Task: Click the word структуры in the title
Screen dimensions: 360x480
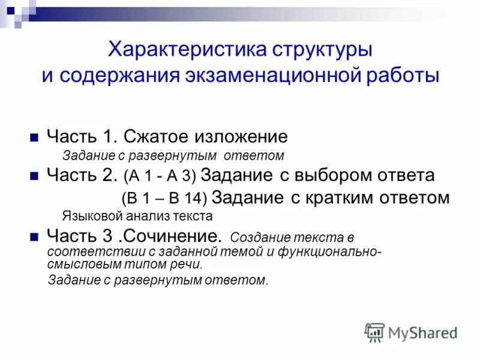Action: (317, 49)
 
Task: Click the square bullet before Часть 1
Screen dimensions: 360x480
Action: (34, 137)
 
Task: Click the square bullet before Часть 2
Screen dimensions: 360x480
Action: (34, 176)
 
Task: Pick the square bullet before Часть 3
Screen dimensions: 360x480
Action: (34, 235)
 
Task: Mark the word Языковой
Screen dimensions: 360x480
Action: (89, 215)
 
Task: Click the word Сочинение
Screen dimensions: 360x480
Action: (179, 235)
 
